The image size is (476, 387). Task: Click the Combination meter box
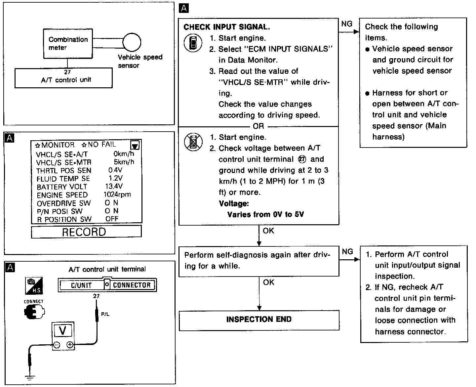pos(68,43)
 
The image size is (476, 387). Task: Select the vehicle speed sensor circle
pos(132,42)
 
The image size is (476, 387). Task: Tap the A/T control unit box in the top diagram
pos(63,78)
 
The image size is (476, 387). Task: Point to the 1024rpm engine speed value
pos(117,194)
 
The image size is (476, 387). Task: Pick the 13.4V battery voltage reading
pos(114,186)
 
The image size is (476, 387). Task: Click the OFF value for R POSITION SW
pos(112,219)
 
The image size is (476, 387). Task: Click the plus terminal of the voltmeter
pos(70,345)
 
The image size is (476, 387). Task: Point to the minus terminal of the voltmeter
pos(57,345)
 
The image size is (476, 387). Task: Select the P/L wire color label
pos(105,314)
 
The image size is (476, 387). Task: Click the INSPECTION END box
pos(259,320)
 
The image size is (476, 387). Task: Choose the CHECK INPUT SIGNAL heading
pos(226,27)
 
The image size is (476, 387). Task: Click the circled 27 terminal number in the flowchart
pos(302,159)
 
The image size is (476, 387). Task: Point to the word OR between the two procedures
pos(258,126)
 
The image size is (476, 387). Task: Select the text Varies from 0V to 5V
pos(265,214)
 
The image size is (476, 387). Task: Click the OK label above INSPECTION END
pos(268,282)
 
